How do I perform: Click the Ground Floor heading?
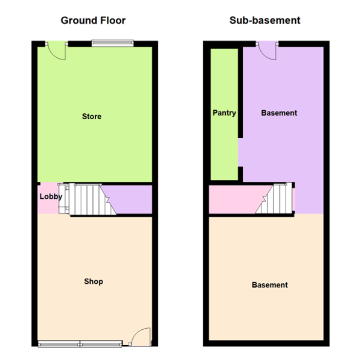pos(93,21)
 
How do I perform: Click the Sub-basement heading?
pos(265,21)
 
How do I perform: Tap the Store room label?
pos(92,116)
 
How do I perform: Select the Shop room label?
pos(93,281)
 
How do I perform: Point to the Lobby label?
pos(51,196)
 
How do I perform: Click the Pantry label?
pos(224,113)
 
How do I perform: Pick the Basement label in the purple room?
pos(279,113)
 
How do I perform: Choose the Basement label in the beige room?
pos(270,285)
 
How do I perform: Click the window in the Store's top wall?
pos(112,43)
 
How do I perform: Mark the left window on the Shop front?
pos(59,344)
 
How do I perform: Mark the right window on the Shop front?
pos(101,344)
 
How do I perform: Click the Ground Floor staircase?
pos(87,199)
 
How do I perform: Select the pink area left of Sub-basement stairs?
pos(237,199)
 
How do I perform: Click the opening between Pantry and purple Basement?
pos(240,152)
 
